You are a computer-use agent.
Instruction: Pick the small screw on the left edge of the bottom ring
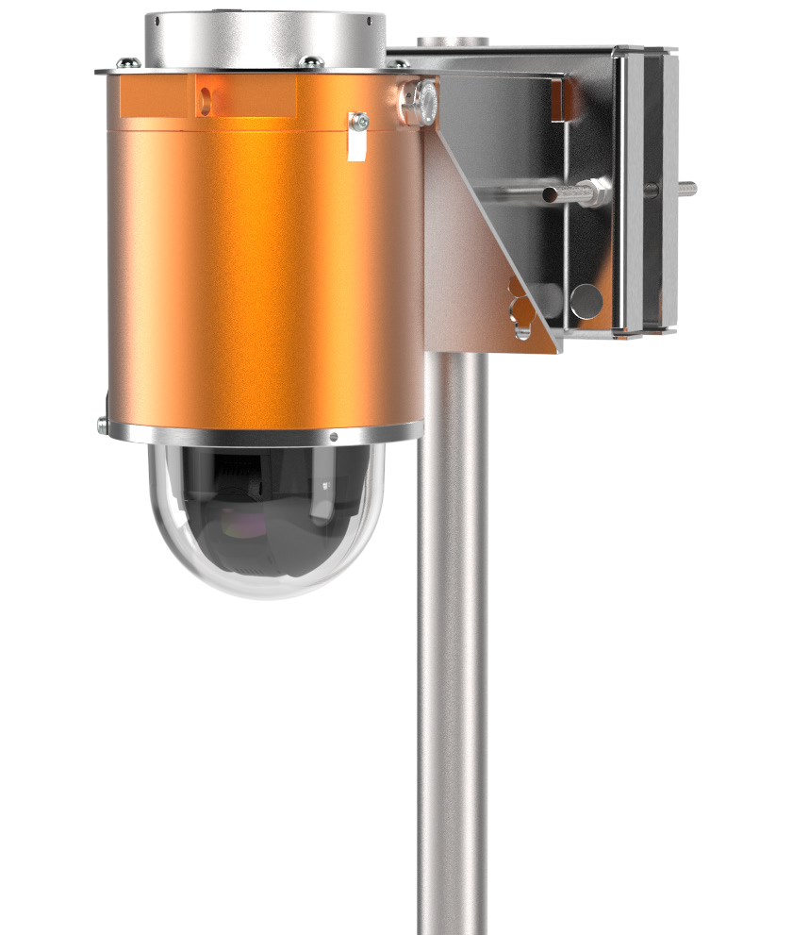pyautogui.click(x=102, y=426)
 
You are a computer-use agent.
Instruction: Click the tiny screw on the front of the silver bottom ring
pyautogui.click(x=334, y=437)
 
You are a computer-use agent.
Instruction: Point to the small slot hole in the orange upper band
pyautogui.click(x=204, y=95)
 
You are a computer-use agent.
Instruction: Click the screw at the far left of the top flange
pyautogui.click(x=129, y=63)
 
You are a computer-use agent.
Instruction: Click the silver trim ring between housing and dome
pyautogui.click(x=264, y=435)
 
